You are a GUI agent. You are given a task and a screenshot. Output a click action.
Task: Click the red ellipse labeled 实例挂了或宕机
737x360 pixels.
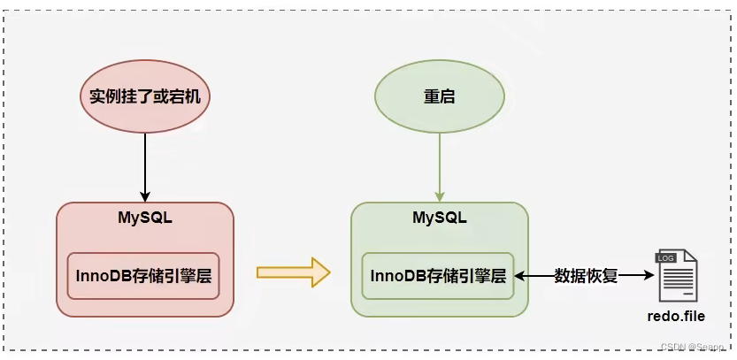[x=145, y=96]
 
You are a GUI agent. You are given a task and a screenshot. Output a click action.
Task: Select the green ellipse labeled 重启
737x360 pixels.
[x=440, y=96]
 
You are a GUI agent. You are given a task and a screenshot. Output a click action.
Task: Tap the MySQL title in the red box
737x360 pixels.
[x=145, y=217]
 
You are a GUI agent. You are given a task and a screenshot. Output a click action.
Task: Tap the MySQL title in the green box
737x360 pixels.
[x=440, y=217]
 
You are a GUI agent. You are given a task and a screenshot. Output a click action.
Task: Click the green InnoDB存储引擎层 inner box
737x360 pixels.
[x=438, y=275]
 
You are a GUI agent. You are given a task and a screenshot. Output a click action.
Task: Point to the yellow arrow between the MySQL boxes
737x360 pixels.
[x=292, y=273]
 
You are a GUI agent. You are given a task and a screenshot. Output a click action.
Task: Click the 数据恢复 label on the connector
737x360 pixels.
[x=585, y=275]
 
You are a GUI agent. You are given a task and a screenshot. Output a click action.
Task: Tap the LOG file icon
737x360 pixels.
[x=676, y=276]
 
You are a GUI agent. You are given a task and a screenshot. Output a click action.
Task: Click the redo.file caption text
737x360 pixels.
[x=676, y=316]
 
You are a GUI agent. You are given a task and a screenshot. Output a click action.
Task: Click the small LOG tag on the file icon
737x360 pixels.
[x=664, y=257]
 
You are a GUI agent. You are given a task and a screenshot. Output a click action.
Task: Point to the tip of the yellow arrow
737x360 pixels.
[x=327, y=273]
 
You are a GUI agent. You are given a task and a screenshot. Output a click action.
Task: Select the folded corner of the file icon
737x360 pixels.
[x=690, y=257]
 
